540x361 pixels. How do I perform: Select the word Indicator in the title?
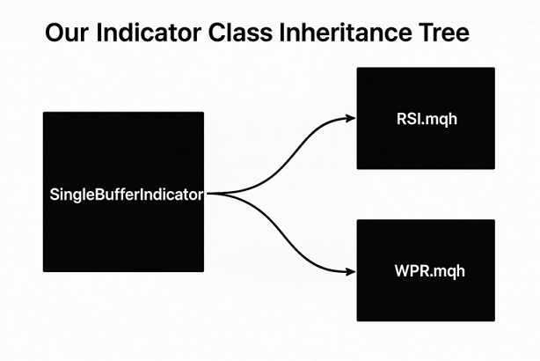pos(149,33)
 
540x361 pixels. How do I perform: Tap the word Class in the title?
pos(240,33)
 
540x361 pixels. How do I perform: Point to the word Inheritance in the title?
pos(346,33)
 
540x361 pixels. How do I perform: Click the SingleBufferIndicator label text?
pos(127,195)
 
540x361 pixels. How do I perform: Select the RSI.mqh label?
pos(427,119)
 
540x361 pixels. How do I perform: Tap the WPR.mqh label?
pos(429,271)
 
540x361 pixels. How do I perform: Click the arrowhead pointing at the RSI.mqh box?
pos(350,118)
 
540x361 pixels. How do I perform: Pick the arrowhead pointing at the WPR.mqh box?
pos(350,272)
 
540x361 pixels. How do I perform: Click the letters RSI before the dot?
pos(408,119)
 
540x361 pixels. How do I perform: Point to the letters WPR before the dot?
pos(411,271)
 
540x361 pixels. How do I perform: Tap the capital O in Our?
pos(55,33)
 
